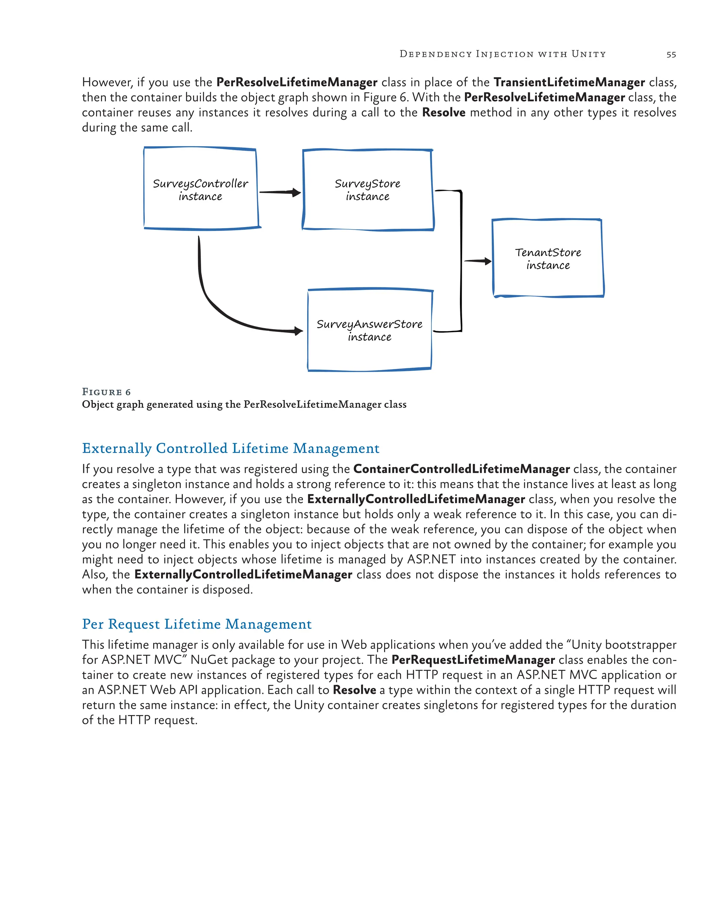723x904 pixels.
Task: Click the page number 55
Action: pyautogui.click(x=671, y=54)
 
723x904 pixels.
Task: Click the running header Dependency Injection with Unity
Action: pyautogui.click(x=502, y=54)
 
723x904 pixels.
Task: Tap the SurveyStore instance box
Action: pyautogui.click(x=368, y=190)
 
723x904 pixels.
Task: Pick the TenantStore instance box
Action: pyautogui.click(x=548, y=258)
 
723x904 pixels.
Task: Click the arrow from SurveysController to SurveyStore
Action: pyautogui.click(x=280, y=192)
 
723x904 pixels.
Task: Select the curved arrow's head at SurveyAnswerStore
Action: pyautogui.click(x=298, y=331)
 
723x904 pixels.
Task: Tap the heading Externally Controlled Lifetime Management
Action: pyautogui.click(x=231, y=448)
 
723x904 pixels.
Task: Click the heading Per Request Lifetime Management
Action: pyautogui.click(x=197, y=624)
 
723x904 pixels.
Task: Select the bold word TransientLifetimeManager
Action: pyautogui.click(x=569, y=82)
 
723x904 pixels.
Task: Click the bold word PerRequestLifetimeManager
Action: pyautogui.click(x=473, y=660)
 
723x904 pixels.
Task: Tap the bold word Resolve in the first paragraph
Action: pyautogui.click(x=443, y=112)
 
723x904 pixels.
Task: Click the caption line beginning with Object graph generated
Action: pyautogui.click(x=244, y=405)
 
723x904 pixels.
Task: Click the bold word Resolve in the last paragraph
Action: pyautogui.click(x=354, y=690)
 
